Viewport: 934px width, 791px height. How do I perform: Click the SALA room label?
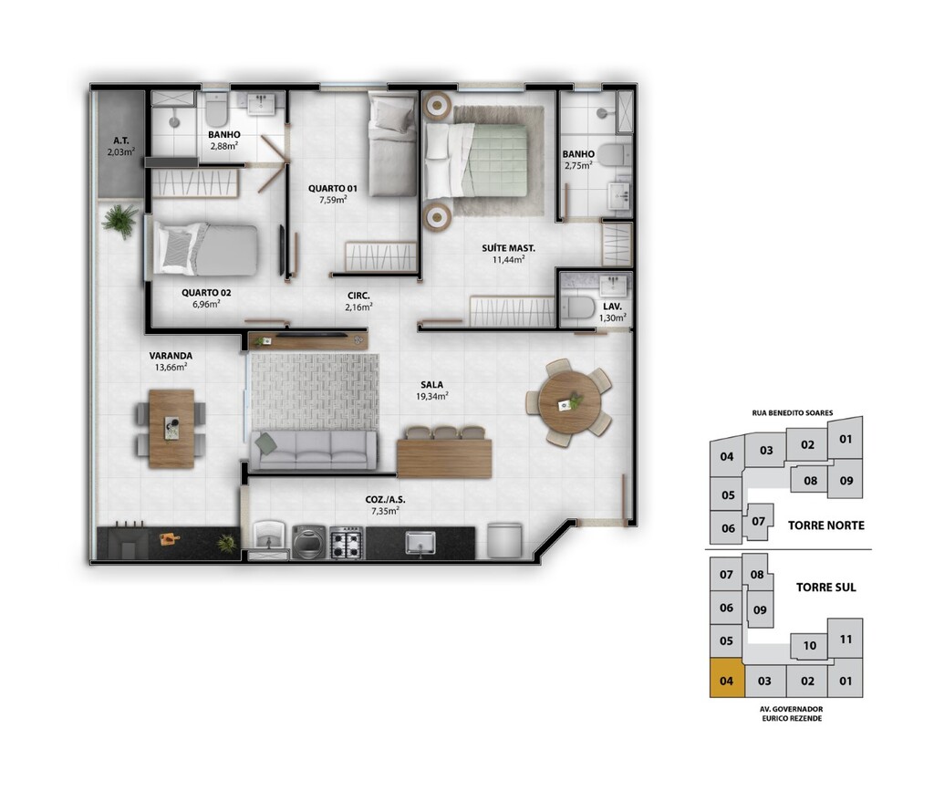[431, 385]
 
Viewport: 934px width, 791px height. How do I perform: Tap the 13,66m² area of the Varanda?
[171, 367]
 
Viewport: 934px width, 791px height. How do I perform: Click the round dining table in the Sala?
[569, 403]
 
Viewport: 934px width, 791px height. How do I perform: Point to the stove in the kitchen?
[346, 543]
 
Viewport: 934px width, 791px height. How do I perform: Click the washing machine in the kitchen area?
[308, 542]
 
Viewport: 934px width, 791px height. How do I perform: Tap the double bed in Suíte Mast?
[476, 161]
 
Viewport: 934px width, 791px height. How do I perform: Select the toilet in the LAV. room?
[576, 308]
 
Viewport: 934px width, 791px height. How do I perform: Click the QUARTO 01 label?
[332, 188]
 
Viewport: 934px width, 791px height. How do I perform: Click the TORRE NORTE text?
[825, 526]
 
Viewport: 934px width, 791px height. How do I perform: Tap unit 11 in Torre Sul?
[846, 640]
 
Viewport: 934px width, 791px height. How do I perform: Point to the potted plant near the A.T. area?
[120, 221]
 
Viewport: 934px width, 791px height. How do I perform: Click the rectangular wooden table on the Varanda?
[171, 429]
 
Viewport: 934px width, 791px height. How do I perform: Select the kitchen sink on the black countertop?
[420, 543]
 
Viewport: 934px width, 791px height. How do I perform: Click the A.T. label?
[121, 141]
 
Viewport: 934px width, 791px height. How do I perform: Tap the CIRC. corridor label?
[358, 296]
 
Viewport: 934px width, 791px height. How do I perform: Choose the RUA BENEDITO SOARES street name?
[793, 412]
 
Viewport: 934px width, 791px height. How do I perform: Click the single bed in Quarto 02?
[205, 249]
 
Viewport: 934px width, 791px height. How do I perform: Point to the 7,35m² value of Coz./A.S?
[385, 511]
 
